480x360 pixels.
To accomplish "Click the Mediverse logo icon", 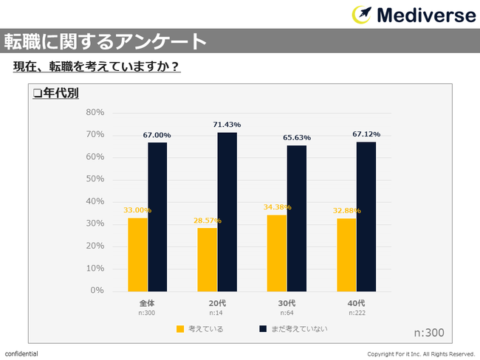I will pyautogui.click(x=362, y=15).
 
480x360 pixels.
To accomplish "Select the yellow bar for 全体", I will pyautogui.click(x=137, y=254).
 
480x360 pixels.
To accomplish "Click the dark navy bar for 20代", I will pyautogui.click(x=227, y=212).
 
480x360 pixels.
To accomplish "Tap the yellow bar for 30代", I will pyautogui.click(x=275, y=252).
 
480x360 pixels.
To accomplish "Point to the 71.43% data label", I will pyautogui.click(x=227, y=125).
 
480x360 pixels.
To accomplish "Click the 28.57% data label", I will pyautogui.click(x=207, y=221).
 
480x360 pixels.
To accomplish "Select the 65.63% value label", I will pyautogui.click(x=297, y=138).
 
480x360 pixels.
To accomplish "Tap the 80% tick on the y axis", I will pyautogui.click(x=95, y=112).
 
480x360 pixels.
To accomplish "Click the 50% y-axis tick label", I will pyautogui.click(x=95, y=179).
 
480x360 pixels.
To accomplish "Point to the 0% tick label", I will pyautogui.click(x=97, y=291).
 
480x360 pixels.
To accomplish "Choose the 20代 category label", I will pyautogui.click(x=216, y=303).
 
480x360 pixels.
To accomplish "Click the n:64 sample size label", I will pyautogui.click(x=287, y=314).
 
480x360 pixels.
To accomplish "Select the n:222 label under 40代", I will pyautogui.click(x=356, y=314).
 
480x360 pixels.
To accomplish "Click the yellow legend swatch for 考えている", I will pyautogui.click(x=180, y=329).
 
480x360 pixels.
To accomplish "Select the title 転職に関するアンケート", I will pyautogui.click(x=104, y=41).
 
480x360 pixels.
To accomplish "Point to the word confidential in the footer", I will pyautogui.click(x=21, y=354).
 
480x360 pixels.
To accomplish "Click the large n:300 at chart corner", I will pyautogui.click(x=429, y=333).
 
